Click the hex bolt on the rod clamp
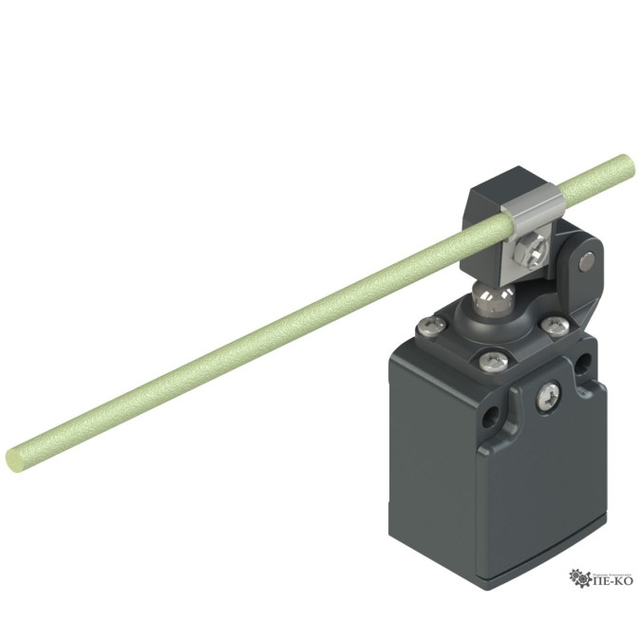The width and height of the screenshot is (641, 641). (531, 252)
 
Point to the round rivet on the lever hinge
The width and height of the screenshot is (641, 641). (587, 261)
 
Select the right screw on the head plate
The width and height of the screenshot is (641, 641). (555, 325)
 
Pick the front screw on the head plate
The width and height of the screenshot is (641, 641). (494, 361)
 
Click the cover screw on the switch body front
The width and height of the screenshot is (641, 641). (548, 396)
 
